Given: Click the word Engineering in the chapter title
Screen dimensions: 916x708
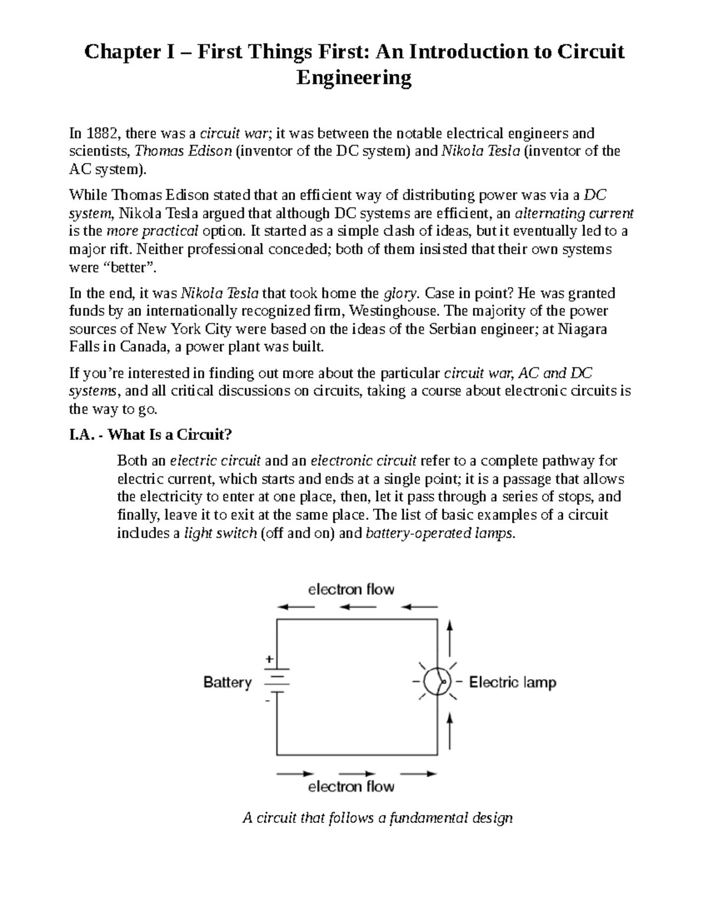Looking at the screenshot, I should pos(353,78).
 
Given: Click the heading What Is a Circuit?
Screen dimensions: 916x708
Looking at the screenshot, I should pos(171,435).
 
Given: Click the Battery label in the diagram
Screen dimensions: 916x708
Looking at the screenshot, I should pos(227,682).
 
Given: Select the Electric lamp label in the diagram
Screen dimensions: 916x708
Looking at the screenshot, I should pos(512,682).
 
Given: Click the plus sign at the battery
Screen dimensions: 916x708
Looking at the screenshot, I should pos(269,660).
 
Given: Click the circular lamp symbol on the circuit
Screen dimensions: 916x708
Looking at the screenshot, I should pos(438,682).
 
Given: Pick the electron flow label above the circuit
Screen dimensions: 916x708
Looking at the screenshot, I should pos(351,589).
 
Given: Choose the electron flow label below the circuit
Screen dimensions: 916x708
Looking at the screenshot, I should pos(351,786).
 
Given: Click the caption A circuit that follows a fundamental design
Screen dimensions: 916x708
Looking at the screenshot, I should pos(378,818).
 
